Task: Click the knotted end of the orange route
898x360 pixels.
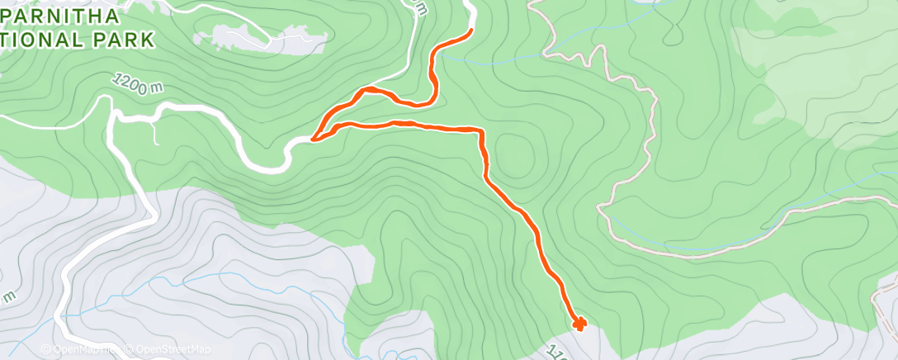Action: (579, 323)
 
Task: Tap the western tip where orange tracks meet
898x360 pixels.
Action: (314, 139)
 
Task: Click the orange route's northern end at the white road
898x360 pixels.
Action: (470, 31)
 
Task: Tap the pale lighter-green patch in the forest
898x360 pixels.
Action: (825, 83)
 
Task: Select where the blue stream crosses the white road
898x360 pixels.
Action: (64, 315)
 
